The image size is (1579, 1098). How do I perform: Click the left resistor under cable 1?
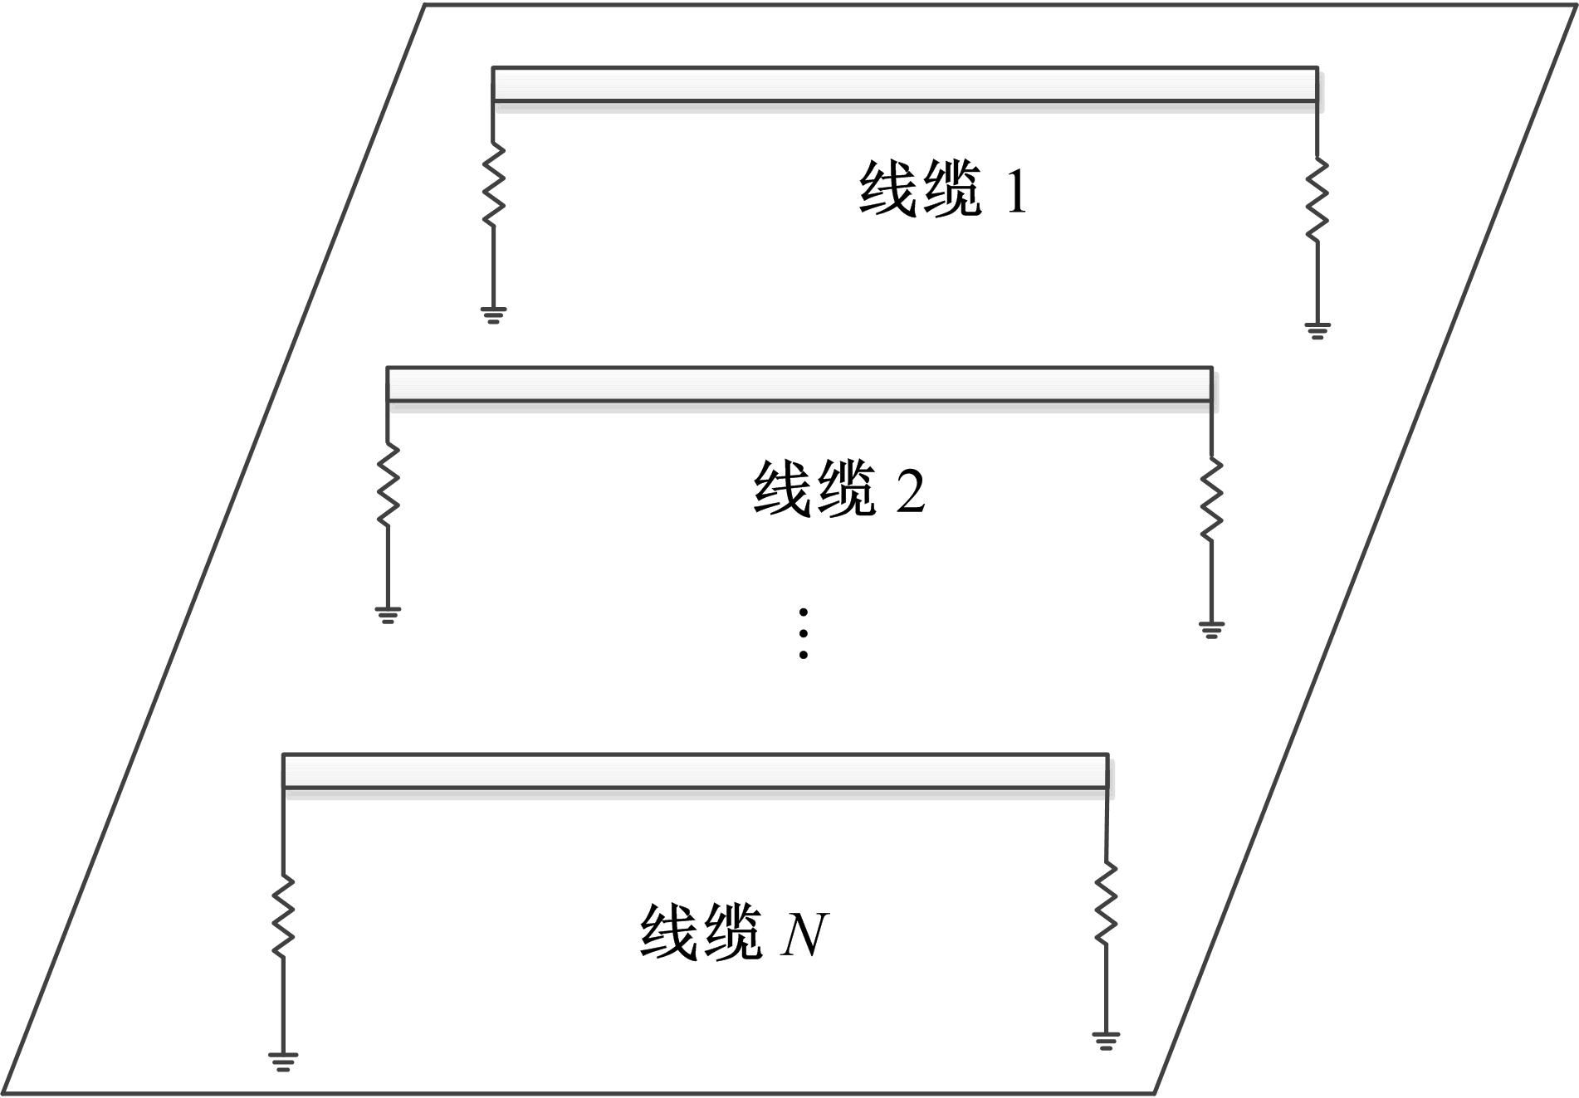pos(493,184)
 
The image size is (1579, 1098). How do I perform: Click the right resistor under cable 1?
pos(1317,201)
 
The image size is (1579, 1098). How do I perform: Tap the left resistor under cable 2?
pos(388,485)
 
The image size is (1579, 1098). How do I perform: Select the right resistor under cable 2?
pos(1211,500)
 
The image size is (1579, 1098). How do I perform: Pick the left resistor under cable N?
pos(283,915)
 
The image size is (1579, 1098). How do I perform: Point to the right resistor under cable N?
pos(1106,903)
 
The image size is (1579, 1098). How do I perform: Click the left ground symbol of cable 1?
pos(493,315)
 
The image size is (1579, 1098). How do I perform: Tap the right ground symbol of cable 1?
pos(1317,331)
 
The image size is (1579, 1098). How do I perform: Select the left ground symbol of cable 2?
pos(388,615)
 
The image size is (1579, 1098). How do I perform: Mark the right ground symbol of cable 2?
pos(1211,630)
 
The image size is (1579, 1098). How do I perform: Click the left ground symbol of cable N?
pos(283,1061)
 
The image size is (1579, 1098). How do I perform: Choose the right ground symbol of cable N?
pos(1106,1041)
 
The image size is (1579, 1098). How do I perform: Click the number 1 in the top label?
pos(1016,190)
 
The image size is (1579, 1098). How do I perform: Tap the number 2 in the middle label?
pos(911,490)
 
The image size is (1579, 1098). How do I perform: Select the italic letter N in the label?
pos(804,935)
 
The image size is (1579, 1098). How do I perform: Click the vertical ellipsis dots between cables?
pos(804,633)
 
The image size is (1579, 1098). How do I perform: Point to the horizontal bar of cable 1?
pos(905,85)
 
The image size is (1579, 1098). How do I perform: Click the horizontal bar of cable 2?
pos(799,384)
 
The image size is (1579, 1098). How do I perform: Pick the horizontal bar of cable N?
pos(695,771)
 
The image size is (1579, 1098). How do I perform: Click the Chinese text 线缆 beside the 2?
pos(814,490)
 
